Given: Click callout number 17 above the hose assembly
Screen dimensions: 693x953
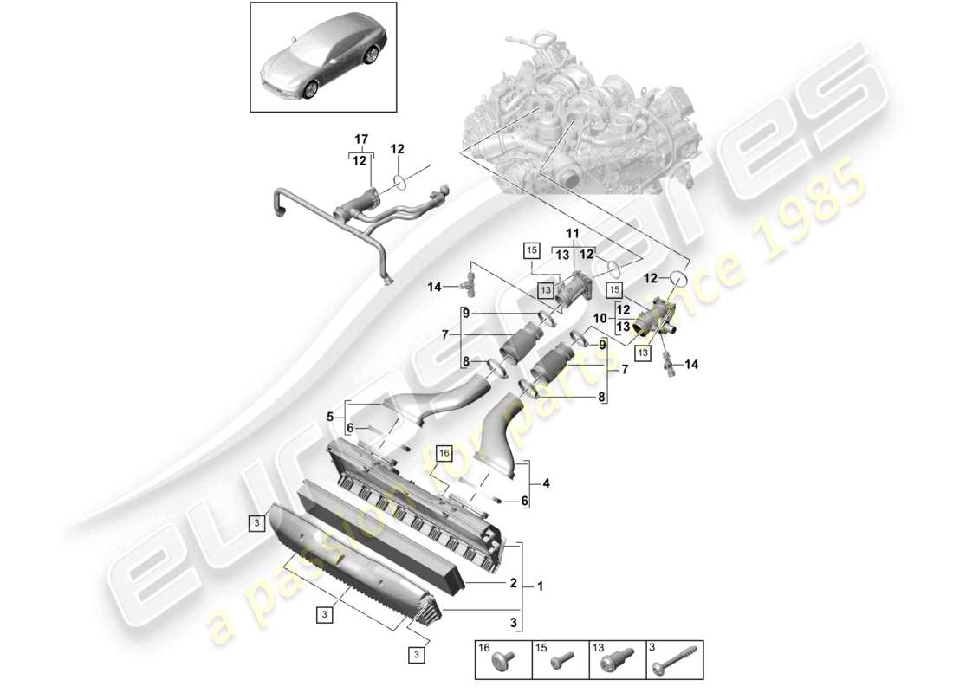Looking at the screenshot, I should (361, 139).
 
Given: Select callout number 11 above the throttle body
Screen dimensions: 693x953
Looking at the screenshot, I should (573, 234).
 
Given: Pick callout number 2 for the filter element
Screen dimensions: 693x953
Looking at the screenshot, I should (513, 584).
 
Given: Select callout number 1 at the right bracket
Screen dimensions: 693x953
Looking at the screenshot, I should (541, 586).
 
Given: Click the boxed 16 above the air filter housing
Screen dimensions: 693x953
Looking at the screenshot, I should (444, 452).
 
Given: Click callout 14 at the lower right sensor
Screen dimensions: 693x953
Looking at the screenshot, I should (690, 365).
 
